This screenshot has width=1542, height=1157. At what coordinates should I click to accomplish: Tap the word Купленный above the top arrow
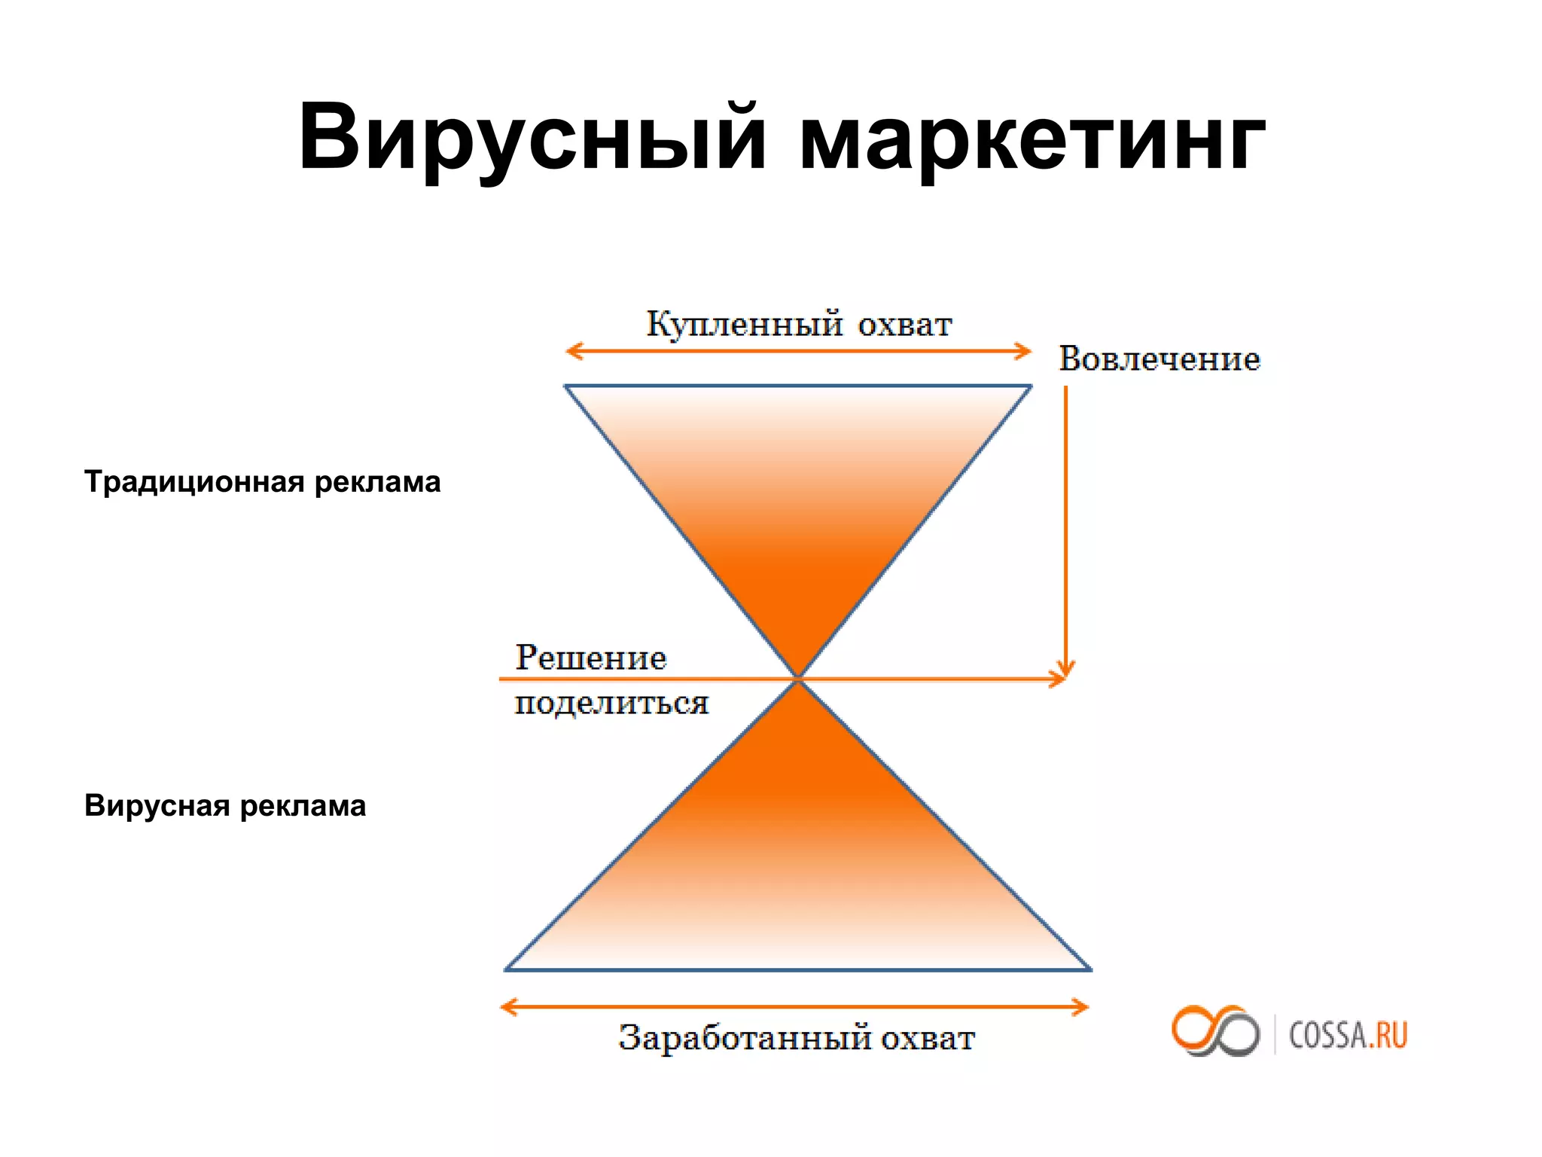pos(744,325)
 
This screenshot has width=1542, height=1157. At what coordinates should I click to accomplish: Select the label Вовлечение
pos(1160,359)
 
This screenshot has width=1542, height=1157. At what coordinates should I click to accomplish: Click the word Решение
pos(591,658)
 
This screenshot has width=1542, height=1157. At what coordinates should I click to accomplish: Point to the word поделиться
pos(611,704)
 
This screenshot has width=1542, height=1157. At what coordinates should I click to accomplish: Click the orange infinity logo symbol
pos(1214,1030)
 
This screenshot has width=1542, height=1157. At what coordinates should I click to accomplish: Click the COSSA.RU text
pos(1348,1035)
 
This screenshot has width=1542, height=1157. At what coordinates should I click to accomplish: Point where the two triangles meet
pos(798,679)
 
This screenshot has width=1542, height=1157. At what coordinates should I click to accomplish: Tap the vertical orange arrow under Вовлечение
pos(1065,527)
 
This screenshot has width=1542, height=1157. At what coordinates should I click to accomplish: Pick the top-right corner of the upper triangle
pos(1029,387)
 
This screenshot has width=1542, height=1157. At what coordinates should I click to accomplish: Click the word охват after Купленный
pos(905,325)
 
